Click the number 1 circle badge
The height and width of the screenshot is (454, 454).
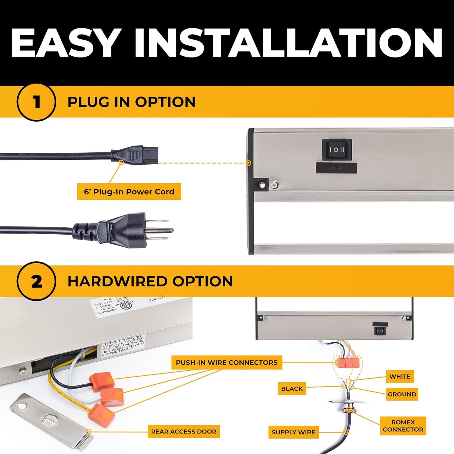37,102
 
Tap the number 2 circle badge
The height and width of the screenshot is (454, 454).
37,281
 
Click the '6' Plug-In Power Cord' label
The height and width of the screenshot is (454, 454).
129,192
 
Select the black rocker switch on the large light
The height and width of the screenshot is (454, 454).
337,150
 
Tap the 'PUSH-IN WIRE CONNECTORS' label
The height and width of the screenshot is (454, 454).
227,362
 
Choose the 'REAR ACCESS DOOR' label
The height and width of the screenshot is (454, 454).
184,432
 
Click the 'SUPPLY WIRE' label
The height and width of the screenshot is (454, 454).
293,432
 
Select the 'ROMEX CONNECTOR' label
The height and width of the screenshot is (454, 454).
403,426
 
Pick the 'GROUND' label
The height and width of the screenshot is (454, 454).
402,394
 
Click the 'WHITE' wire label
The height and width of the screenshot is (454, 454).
400,377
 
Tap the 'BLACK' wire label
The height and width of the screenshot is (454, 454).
292,389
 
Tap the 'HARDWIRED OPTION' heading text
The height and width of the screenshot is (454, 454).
150,281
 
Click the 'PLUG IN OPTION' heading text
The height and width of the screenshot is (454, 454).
131,102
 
